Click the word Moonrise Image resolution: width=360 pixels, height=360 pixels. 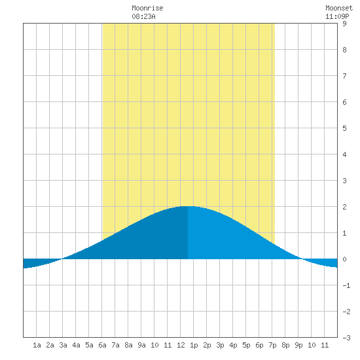(147, 8)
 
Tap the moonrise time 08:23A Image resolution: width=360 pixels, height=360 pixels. (143, 16)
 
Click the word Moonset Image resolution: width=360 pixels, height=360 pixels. (339, 8)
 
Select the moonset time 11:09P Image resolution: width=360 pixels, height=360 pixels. (337, 16)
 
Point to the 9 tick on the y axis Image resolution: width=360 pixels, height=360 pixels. (344, 24)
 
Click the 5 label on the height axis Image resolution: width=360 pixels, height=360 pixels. (344, 128)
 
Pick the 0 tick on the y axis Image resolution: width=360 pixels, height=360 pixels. (344, 259)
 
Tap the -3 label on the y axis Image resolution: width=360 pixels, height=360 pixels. (346, 338)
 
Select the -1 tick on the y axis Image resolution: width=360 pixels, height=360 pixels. (346, 285)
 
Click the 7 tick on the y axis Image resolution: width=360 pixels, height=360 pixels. (344, 76)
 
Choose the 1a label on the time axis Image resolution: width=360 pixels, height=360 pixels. (37, 345)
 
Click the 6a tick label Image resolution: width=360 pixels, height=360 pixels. (102, 345)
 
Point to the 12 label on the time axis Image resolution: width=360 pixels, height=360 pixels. (181, 345)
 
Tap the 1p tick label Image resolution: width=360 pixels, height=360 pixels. (194, 346)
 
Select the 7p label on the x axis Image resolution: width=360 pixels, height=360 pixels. (272, 346)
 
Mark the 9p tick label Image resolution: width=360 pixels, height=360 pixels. (298, 346)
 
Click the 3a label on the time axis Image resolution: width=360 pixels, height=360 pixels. (63, 345)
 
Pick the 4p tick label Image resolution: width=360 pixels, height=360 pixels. (233, 346)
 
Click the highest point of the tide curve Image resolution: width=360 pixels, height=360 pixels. (188, 206)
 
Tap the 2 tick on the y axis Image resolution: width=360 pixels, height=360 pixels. (344, 207)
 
